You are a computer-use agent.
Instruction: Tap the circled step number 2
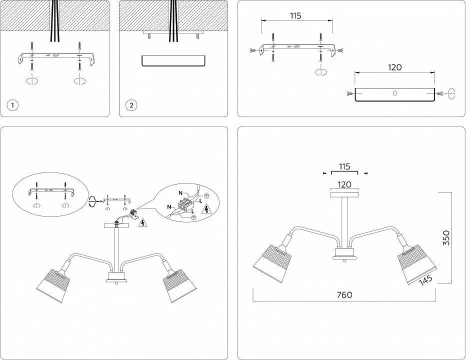click(x=131, y=105)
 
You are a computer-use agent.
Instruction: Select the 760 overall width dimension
click(x=344, y=294)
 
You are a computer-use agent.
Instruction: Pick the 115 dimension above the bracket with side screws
click(x=295, y=15)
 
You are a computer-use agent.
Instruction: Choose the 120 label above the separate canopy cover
click(x=394, y=67)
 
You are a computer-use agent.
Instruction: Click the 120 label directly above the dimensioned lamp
click(x=344, y=184)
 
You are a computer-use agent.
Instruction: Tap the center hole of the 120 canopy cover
click(x=394, y=93)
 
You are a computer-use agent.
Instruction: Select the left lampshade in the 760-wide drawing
click(x=272, y=261)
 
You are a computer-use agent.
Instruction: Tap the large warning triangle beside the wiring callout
click(x=205, y=209)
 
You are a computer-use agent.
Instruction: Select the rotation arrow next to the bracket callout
click(x=91, y=201)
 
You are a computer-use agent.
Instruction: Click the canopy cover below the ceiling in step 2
click(x=173, y=61)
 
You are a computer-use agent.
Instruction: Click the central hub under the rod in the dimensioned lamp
click(x=344, y=253)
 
